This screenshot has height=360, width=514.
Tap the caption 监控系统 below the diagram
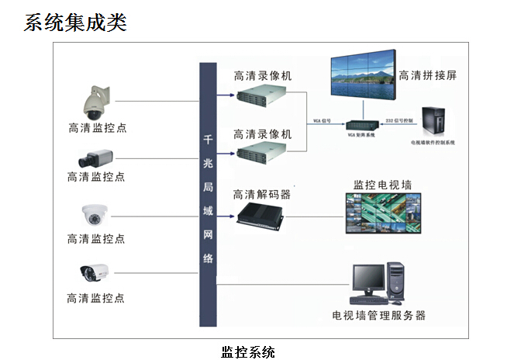point(248,351)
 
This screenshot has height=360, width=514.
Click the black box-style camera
point(95,160)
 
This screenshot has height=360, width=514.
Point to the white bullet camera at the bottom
point(94,272)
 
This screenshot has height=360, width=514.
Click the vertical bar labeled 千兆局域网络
point(207,194)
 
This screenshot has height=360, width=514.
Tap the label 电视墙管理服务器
point(379,315)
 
